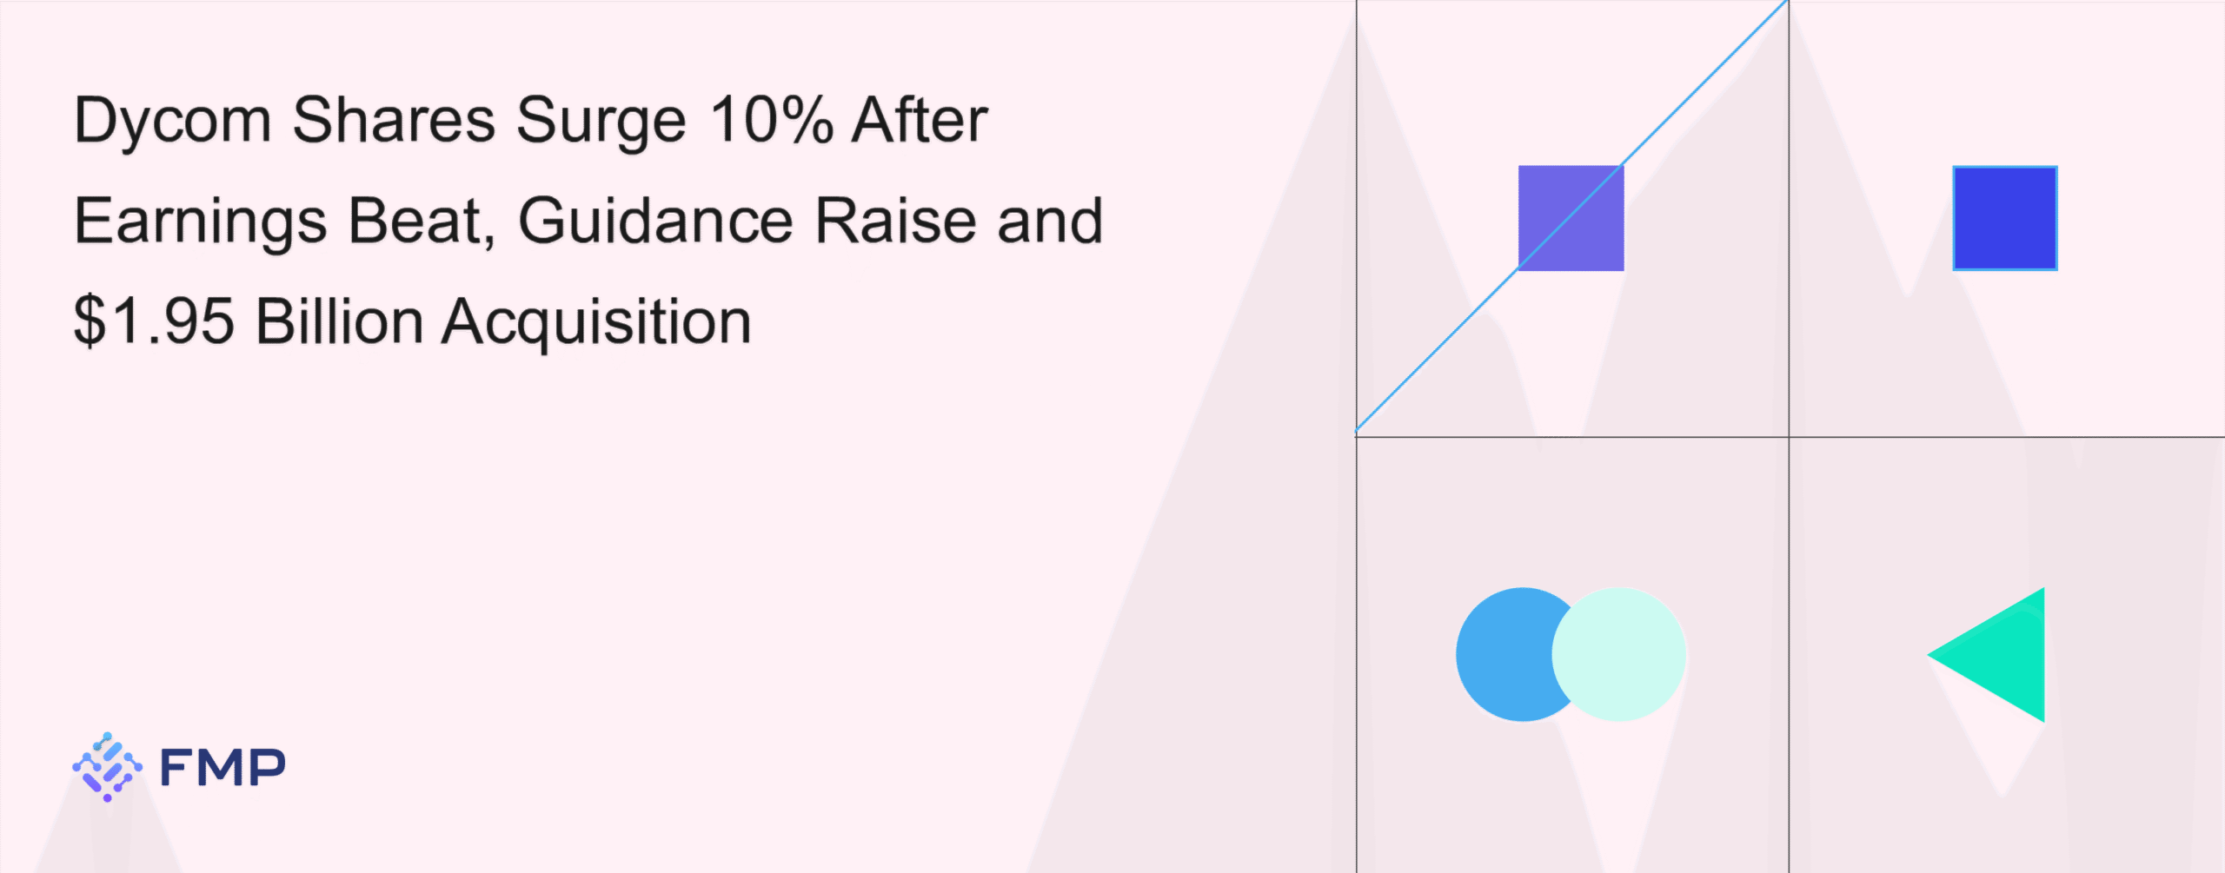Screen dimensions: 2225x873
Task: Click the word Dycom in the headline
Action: [x=173, y=122]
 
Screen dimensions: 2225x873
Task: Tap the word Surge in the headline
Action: [x=601, y=122]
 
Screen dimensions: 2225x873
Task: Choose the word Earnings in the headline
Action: [x=201, y=222]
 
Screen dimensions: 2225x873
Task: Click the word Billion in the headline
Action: [x=339, y=321]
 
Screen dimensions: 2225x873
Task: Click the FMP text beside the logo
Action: [x=222, y=767]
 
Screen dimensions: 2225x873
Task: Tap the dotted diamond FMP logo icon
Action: [x=107, y=767]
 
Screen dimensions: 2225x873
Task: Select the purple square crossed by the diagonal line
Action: [x=1571, y=218]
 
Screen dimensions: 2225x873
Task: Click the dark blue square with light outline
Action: [x=2005, y=218]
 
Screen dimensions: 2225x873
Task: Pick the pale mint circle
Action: [x=1619, y=654]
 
